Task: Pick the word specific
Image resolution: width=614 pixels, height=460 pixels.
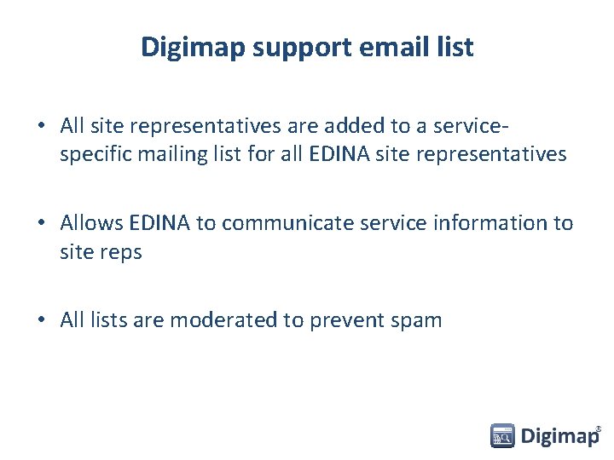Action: pyautogui.click(x=93, y=154)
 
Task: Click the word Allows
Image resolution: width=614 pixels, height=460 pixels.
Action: pyautogui.click(x=92, y=223)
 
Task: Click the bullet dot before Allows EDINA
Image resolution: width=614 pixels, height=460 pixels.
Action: pyautogui.click(x=41, y=223)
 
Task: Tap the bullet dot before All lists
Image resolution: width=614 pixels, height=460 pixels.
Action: pyautogui.click(x=41, y=320)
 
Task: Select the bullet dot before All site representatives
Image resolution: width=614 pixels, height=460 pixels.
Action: pyautogui.click(x=41, y=126)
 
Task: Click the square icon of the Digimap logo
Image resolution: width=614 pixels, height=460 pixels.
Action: pyautogui.click(x=502, y=436)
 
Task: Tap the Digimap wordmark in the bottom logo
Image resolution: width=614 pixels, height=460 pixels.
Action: pyautogui.click(x=559, y=437)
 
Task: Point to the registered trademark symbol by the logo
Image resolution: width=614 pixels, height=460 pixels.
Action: pyautogui.click(x=599, y=428)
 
